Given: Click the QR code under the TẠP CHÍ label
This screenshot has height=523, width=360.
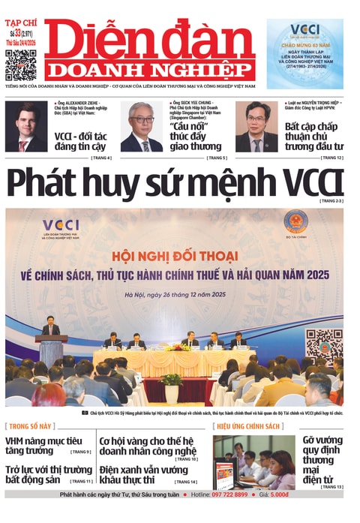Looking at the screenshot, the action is tap(20, 65).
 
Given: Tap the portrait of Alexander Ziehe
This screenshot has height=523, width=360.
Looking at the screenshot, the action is tap(26, 127).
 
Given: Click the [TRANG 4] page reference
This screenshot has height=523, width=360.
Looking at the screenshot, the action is tap(100, 158).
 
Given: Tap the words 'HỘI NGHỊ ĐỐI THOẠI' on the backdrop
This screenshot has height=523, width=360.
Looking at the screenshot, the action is tap(175, 254).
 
